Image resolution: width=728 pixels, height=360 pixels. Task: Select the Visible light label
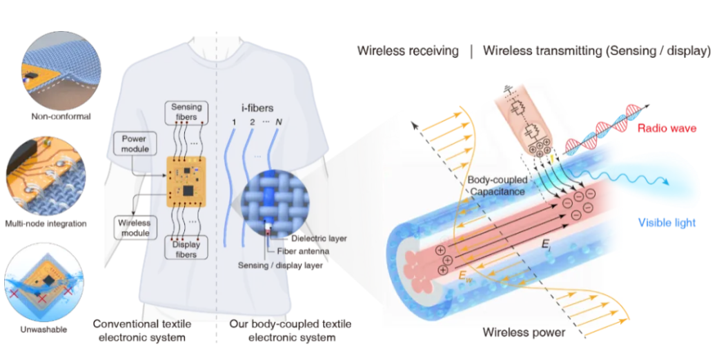[x=667, y=223]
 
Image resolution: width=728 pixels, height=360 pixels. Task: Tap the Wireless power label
[x=524, y=332]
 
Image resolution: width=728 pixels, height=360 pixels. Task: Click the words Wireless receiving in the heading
[x=408, y=50]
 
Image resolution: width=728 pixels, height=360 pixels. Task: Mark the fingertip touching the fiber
[x=541, y=148]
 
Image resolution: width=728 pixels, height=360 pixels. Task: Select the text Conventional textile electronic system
[x=141, y=330]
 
